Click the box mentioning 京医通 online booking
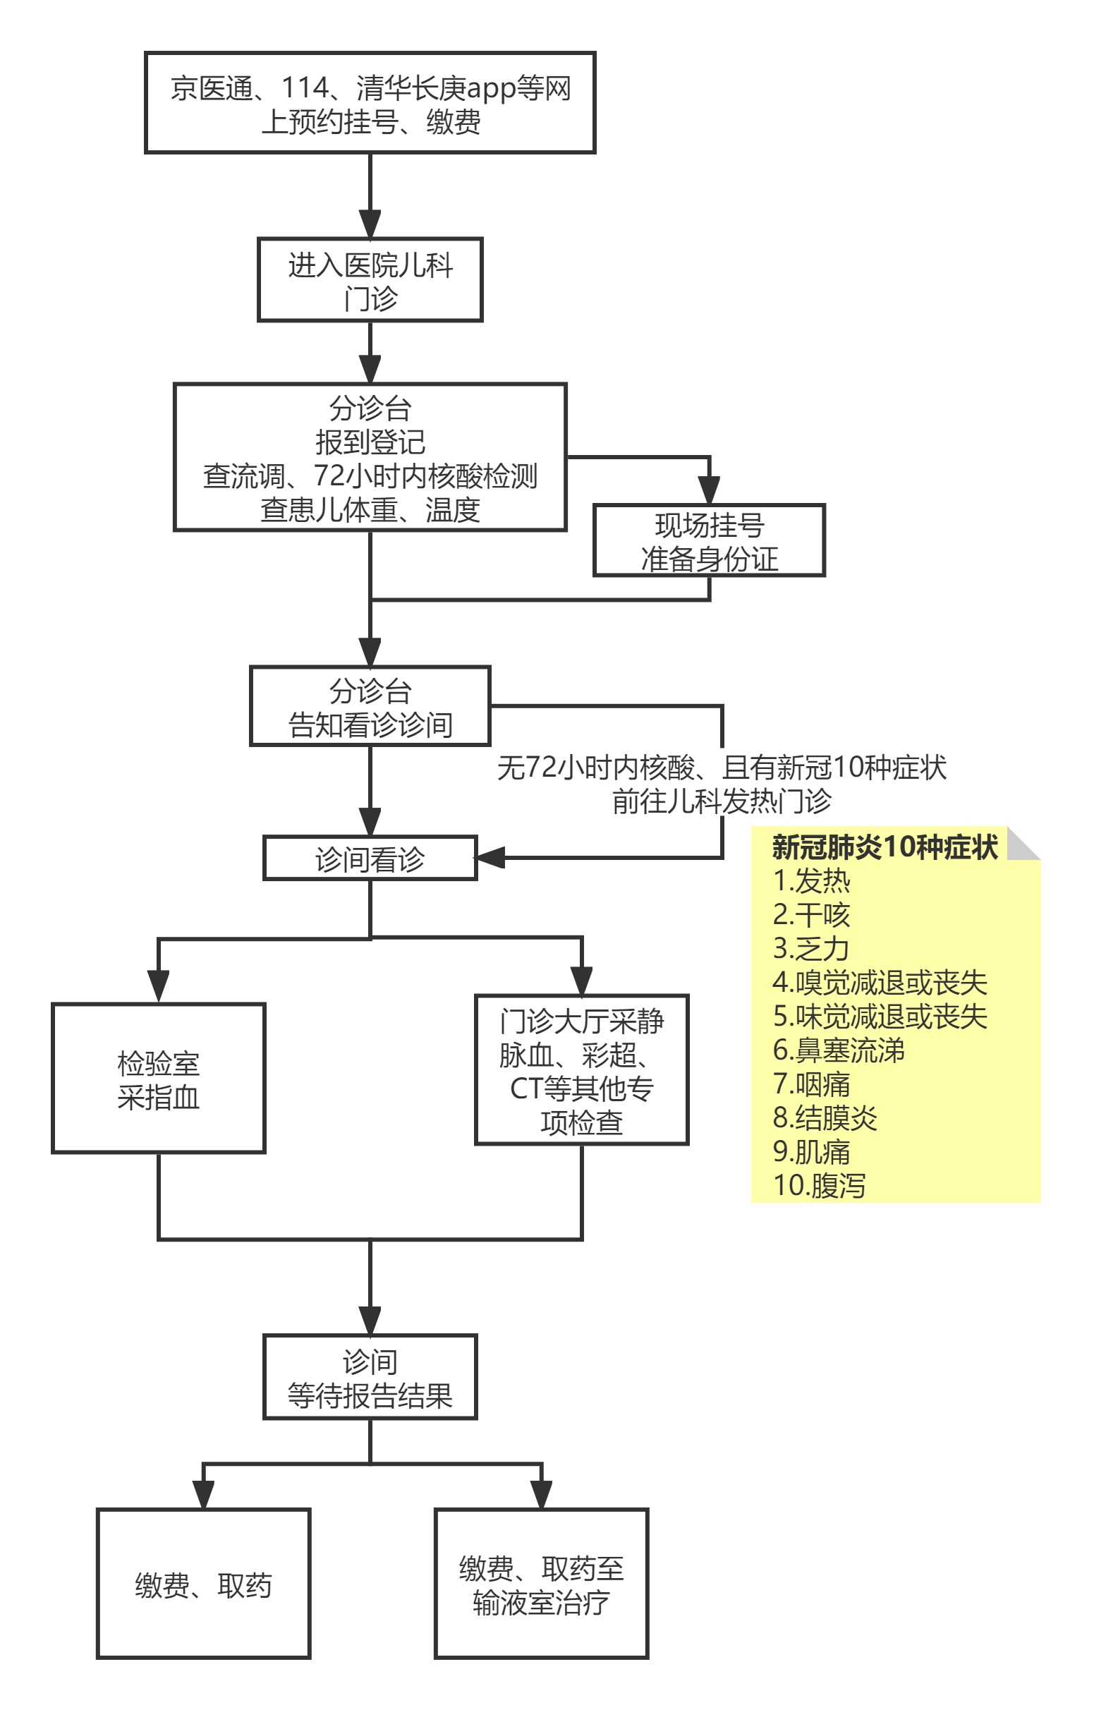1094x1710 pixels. pos(370,103)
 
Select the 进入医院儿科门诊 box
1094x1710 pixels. pos(370,280)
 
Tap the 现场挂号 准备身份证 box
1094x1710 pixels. pos(709,540)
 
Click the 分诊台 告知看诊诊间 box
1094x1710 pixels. pos(370,706)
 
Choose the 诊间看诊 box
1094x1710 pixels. pos(370,859)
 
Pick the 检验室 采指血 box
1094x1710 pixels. pos(159,1079)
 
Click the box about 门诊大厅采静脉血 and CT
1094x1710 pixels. pos(581,1070)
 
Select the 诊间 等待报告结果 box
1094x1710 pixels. pos(370,1377)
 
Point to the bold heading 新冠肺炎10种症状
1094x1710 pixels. pos(885,847)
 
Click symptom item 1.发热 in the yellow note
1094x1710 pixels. pos(811,881)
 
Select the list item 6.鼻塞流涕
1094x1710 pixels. pos(838,1050)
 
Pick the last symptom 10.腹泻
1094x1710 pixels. pos(819,1185)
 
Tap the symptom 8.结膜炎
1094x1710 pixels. pos(825,1117)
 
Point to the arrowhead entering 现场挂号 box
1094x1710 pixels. pos(709,490)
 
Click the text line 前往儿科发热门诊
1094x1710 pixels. pos(721,801)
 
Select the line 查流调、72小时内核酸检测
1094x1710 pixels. pos(370,475)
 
